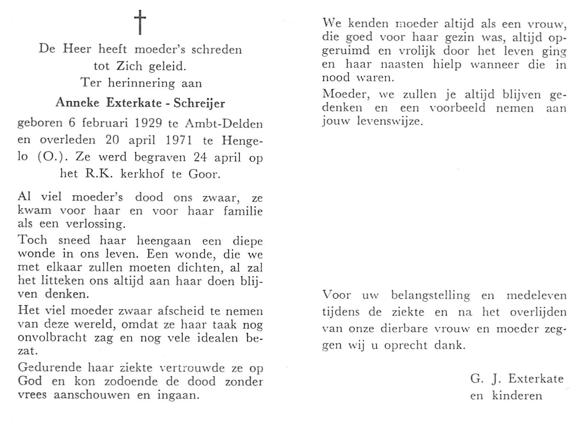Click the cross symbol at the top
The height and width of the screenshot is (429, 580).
(140, 22)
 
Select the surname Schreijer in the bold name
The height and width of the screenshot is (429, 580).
(199, 103)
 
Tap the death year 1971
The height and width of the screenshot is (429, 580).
(179, 140)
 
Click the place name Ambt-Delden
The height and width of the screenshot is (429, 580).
(224, 124)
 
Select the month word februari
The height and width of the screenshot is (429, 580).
(106, 124)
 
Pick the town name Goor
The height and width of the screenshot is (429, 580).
(202, 174)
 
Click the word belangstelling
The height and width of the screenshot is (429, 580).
(430, 295)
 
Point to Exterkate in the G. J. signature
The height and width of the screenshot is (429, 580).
(536, 379)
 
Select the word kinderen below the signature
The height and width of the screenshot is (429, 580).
(517, 395)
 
